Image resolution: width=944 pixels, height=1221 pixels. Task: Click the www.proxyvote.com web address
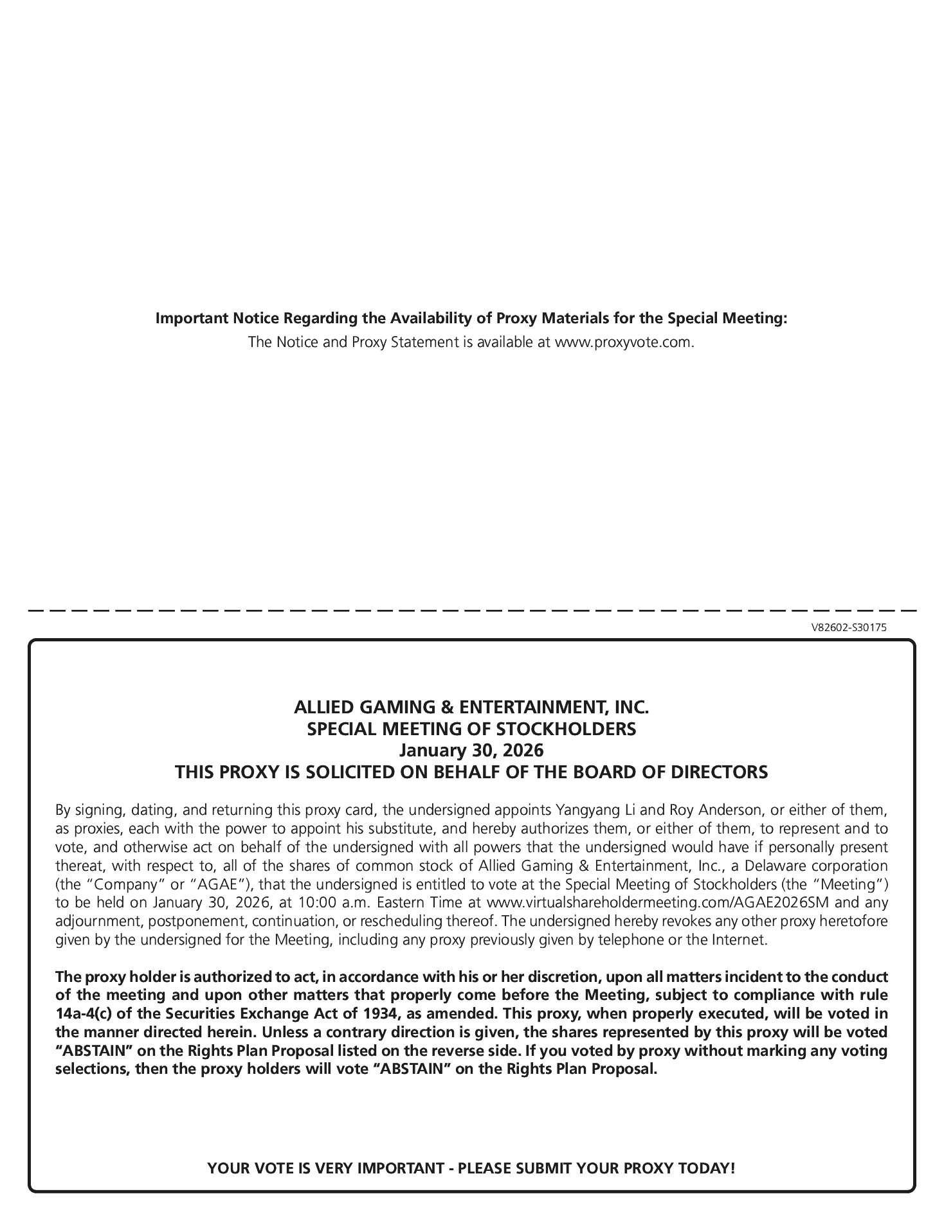point(624,342)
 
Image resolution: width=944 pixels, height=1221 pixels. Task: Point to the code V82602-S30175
point(848,628)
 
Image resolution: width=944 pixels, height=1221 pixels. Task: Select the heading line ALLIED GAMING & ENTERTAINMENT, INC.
point(471,708)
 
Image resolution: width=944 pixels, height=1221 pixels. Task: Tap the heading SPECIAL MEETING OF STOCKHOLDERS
point(471,729)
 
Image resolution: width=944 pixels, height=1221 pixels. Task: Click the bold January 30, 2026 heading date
point(471,750)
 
